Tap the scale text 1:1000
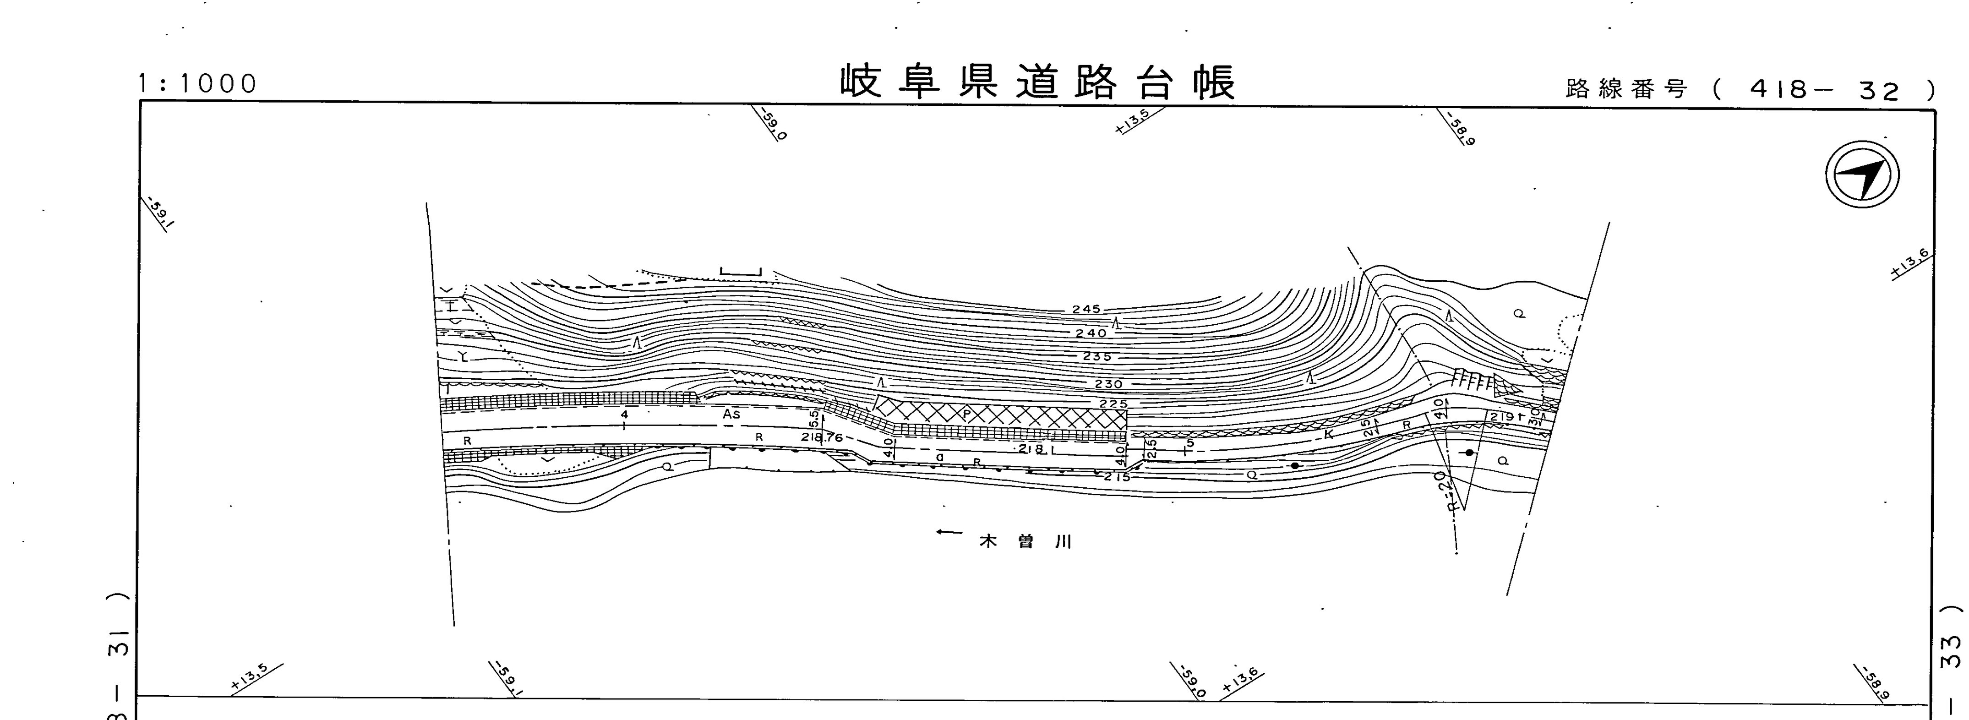point(198,85)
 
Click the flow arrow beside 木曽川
point(949,532)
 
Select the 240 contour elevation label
point(1091,333)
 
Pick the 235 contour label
point(1097,357)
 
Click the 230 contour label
point(1108,384)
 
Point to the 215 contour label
point(1117,477)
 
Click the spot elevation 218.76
point(822,438)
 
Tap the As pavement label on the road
point(731,414)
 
